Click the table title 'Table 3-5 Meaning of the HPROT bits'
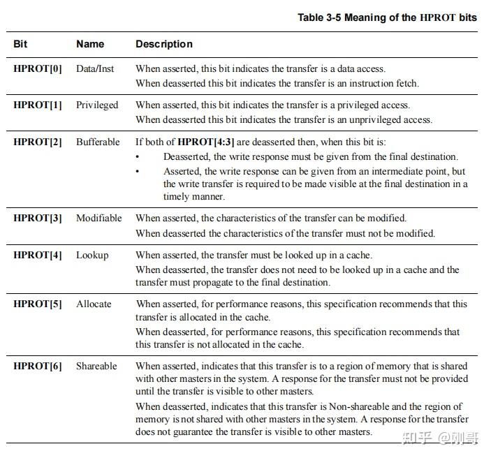pos(387,17)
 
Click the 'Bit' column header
pos(20,44)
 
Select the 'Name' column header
pos(90,44)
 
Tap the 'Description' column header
pos(164,44)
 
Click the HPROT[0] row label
pos(38,68)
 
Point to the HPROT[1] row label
pos(38,105)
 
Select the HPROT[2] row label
pos(38,142)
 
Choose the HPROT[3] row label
pos(38,218)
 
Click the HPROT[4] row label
pos(38,255)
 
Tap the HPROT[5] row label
pos(38,304)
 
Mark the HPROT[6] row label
pos(38,366)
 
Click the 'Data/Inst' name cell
pos(96,68)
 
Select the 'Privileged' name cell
pos(97,105)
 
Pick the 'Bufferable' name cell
pos(98,142)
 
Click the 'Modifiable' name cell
pos(98,218)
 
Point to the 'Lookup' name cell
pos(92,255)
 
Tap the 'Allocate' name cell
pos(94,304)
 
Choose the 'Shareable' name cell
pos(96,366)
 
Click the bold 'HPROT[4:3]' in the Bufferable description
pos(206,142)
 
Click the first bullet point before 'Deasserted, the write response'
pos(138,157)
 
